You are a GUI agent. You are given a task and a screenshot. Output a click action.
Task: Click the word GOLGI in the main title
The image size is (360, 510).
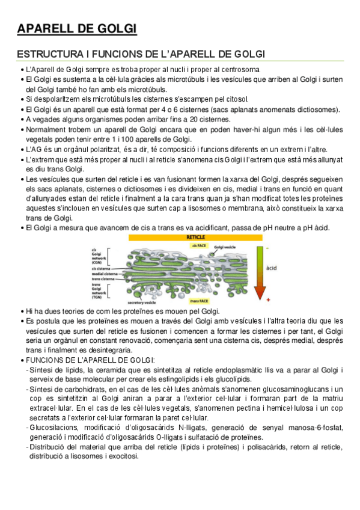pos(116,28)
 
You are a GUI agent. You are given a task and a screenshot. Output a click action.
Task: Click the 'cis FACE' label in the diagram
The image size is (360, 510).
pos(200,246)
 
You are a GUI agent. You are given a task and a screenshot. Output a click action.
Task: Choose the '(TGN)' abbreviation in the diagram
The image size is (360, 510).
pos(96,295)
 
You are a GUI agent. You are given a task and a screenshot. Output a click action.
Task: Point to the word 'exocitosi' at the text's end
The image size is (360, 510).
pos(120,456)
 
